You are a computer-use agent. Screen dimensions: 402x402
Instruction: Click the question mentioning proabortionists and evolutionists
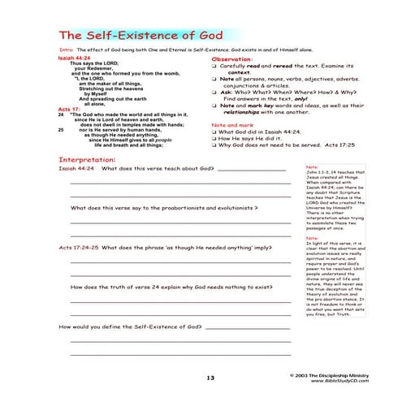click(x=170, y=207)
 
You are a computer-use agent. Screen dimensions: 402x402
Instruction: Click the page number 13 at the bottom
click(x=210, y=378)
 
